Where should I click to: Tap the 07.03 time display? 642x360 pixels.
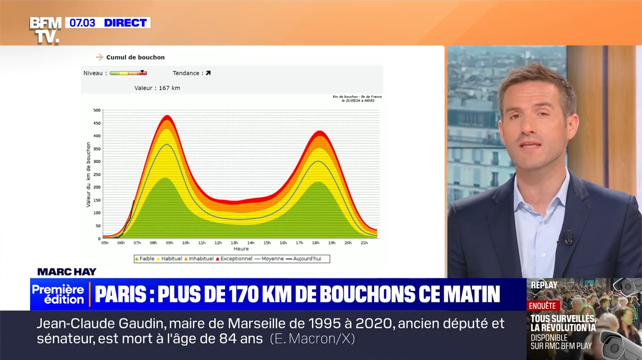pyautogui.click(x=83, y=23)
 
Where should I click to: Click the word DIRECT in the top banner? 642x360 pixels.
pyautogui.click(x=125, y=23)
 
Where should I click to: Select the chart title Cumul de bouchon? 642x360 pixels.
pyautogui.click(x=135, y=57)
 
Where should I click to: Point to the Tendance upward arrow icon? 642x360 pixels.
pyautogui.click(x=208, y=73)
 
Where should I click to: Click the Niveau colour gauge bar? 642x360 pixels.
pyautogui.click(x=128, y=73)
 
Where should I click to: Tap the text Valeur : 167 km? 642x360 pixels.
pyautogui.click(x=157, y=88)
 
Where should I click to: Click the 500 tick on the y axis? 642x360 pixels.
pyautogui.click(x=97, y=110)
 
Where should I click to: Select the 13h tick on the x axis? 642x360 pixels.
pyautogui.click(x=234, y=243)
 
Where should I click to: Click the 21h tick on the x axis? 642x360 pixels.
pyautogui.click(x=364, y=243)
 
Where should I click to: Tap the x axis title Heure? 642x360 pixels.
pyautogui.click(x=241, y=249)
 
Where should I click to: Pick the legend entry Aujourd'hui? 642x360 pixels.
pyautogui.click(x=306, y=259)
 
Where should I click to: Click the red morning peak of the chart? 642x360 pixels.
pyautogui.click(x=167, y=117)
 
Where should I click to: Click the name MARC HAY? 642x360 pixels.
pyautogui.click(x=67, y=272)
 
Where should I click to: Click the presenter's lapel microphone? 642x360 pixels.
pyautogui.click(x=569, y=237)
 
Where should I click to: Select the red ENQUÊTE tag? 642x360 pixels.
pyautogui.click(x=542, y=305)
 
